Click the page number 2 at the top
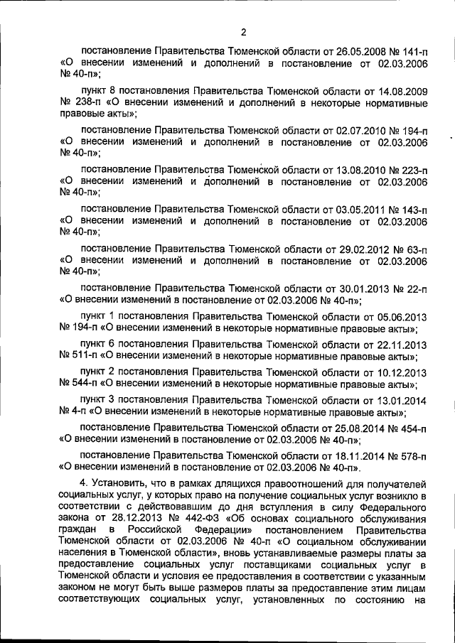242,31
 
